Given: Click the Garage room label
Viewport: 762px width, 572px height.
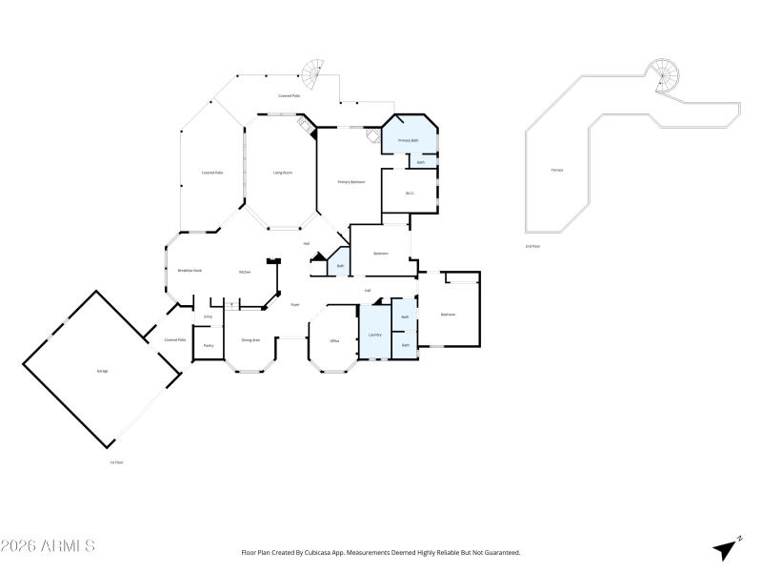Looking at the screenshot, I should coord(102,370).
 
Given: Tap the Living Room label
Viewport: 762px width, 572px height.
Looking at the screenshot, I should coord(283,173).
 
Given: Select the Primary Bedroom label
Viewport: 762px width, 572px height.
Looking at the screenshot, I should coord(351,181).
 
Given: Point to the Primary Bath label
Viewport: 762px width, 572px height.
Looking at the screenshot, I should coord(409,140).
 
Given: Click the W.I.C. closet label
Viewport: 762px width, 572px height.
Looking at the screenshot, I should coord(410,194).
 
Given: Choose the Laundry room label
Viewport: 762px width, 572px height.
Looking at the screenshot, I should coord(374,335).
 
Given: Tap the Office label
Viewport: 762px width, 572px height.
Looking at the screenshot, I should coord(334,340).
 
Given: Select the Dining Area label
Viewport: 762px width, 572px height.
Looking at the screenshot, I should coord(251,339).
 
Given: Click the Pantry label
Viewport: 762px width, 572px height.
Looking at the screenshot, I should coord(208,345).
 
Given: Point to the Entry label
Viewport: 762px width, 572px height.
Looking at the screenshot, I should coord(208,316).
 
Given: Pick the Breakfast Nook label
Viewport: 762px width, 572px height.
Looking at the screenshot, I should coord(189,271).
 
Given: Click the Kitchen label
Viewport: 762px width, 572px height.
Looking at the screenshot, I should coord(245,272).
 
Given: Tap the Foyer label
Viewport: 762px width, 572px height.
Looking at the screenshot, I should coord(295,304).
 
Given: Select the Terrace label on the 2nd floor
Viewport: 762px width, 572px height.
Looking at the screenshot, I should coord(556,170).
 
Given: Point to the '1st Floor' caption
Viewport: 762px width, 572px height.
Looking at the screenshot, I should coord(116,462).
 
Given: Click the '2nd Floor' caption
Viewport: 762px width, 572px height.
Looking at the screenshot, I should coord(532,247).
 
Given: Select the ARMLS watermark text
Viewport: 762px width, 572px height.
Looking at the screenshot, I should coord(48,546).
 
